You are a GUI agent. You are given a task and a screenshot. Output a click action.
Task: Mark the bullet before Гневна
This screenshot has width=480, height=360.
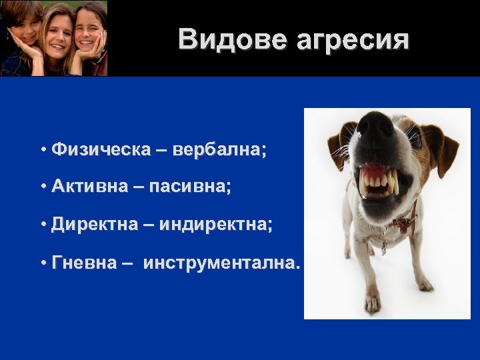[42, 264]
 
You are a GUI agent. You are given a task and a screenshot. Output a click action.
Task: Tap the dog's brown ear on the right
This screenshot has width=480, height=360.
[443, 143]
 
